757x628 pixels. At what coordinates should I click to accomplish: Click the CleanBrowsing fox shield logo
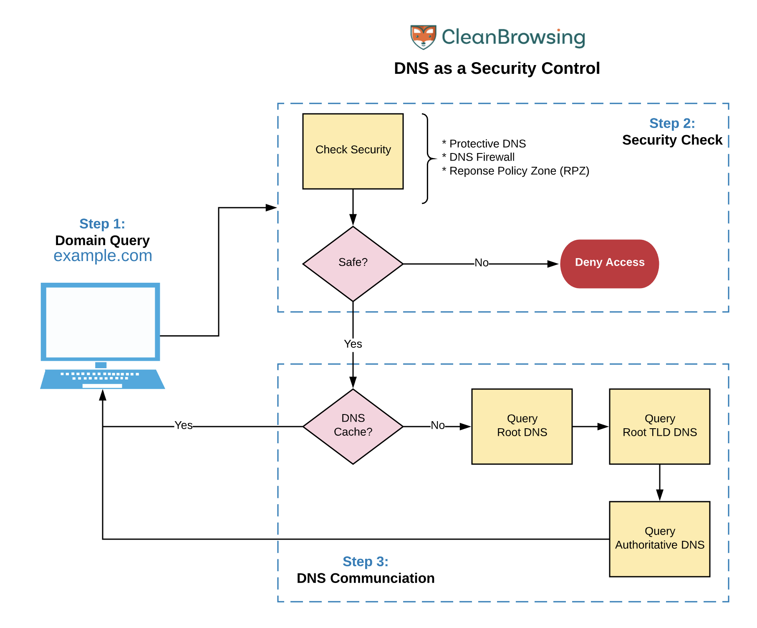(x=423, y=37)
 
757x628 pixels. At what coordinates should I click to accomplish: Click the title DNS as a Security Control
(x=497, y=68)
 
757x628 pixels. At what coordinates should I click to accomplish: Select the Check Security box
(x=353, y=151)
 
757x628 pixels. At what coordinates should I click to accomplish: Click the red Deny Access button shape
(x=609, y=264)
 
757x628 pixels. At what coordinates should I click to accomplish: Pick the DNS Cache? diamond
(x=353, y=426)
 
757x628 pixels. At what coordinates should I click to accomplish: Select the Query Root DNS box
(x=522, y=426)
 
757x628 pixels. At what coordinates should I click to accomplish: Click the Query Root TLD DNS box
(x=659, y=426)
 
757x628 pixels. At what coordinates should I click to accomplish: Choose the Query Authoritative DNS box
(x=659, y=539)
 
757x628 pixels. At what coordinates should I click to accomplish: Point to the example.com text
(x=103, y=256)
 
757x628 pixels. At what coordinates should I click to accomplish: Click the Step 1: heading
(x=102, y=224)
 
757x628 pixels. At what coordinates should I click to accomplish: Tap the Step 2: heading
(x=672, y=123)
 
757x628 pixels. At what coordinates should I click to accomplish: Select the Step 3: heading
(x=365, y=562)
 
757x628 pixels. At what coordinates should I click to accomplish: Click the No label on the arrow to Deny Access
(x=481, y=263)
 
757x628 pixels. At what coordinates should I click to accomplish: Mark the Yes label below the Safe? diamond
(x=353, y=344)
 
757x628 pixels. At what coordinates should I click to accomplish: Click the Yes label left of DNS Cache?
(x=183, y=425)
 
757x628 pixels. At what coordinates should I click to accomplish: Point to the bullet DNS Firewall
(x=482, y=157)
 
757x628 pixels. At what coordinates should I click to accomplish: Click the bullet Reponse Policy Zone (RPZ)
(x=519, y=171)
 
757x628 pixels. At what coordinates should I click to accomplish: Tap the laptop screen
(x=100, y=322)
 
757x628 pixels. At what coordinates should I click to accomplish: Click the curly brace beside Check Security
(x=427, y=158)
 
